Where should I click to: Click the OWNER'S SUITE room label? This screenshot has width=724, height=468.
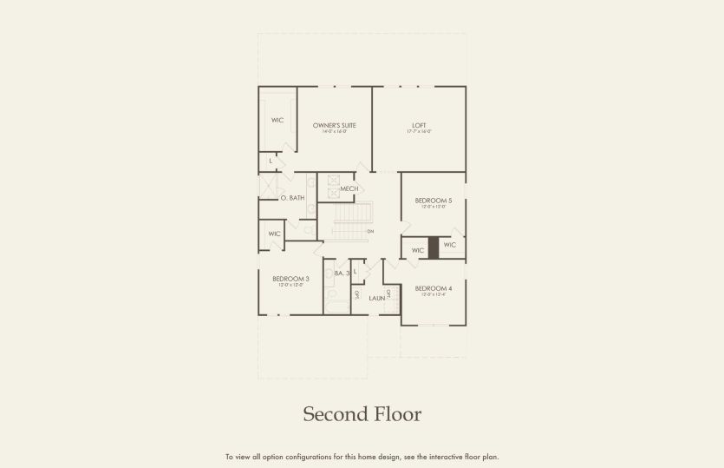(335, 125)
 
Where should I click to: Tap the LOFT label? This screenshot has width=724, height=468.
(419, 125)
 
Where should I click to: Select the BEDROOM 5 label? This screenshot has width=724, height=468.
(434, 201)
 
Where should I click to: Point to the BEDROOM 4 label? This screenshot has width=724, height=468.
(433, 288)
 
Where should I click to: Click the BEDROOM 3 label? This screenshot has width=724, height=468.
(290, 279)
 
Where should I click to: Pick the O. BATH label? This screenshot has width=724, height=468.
(293, 198)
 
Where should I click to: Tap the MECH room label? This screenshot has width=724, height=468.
(349, 188)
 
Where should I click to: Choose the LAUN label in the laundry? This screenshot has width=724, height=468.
(376, 298)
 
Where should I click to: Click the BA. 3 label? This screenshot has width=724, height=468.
(342, 274)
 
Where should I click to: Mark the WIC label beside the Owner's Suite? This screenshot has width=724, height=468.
(277, 120)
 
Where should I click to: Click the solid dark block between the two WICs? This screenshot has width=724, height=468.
(434, 247)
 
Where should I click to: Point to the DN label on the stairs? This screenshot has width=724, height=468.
(370, 232)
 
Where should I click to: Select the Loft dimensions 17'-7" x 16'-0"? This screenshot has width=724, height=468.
(419, 132)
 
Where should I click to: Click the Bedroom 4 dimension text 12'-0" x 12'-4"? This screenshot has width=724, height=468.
(433, 295)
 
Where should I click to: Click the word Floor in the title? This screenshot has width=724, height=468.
(394, 414)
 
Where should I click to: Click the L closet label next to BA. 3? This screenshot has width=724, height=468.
(355, 272)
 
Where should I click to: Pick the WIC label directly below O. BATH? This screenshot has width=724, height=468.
(274, 234)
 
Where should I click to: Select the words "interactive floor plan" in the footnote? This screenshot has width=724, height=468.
(469, 457)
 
